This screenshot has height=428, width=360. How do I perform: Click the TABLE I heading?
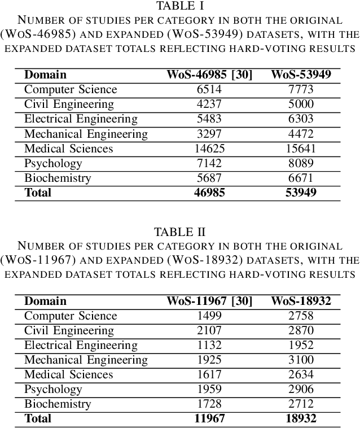coord(181,6)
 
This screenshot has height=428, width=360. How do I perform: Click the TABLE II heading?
coord(181,232)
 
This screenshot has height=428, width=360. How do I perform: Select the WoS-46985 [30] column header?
coord(209,75)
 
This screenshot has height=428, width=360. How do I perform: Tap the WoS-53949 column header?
coord(301,75)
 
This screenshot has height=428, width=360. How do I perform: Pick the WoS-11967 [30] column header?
coord(209,301)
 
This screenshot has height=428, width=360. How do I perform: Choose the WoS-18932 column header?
coord(301,301)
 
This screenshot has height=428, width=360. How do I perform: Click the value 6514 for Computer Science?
coord(209,89)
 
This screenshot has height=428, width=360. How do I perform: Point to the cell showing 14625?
coord(209,149)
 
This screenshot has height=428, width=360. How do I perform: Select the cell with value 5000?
coord(301,104)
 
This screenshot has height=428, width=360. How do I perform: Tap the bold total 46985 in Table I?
coord(209,193)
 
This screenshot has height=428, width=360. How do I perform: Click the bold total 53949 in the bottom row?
coord(301,193)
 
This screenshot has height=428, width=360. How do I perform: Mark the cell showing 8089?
coord(301,163)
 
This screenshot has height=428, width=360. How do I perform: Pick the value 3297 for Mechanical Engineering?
coord(209,134)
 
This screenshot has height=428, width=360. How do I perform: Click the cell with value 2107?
coord(209,330)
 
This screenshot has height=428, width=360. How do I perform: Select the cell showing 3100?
coord(301,360)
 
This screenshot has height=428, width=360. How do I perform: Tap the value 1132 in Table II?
coord(209,345)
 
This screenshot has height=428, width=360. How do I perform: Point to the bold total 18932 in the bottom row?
coord(301,418)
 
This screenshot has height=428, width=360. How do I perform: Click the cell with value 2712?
coord(301,404)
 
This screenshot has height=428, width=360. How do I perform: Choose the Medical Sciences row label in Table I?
coord(69,149)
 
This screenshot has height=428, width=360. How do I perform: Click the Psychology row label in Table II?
coord(53,389)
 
